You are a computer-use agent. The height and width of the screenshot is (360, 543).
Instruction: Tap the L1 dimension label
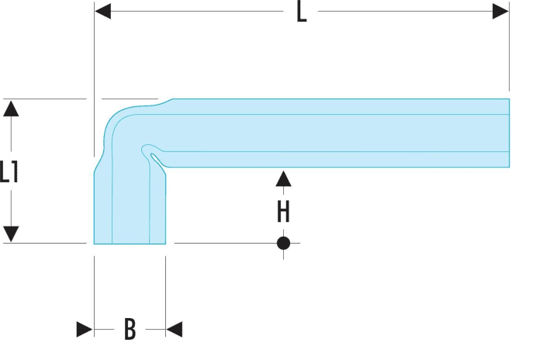9,171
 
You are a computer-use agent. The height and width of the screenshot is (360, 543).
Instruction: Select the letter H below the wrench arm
283,212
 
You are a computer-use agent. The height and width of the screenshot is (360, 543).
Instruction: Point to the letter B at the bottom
130,329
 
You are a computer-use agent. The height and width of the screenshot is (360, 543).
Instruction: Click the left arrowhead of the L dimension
103,11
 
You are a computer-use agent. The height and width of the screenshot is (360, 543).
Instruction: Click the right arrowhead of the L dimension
501,11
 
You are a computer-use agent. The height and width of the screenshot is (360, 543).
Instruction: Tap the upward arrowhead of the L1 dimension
11,108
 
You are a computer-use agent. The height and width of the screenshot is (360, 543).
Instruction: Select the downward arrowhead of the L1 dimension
11,234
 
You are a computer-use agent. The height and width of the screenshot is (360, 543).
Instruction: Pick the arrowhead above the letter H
283,178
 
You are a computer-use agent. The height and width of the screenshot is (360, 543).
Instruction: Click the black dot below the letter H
283,243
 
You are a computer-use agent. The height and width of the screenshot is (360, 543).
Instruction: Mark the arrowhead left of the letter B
85,329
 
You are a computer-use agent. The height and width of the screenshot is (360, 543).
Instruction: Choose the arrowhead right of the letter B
175,329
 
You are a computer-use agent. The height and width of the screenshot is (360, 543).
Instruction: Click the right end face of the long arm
509,133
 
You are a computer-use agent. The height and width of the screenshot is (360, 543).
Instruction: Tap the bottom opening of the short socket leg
130,244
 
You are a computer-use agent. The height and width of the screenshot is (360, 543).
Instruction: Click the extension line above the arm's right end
509,46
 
